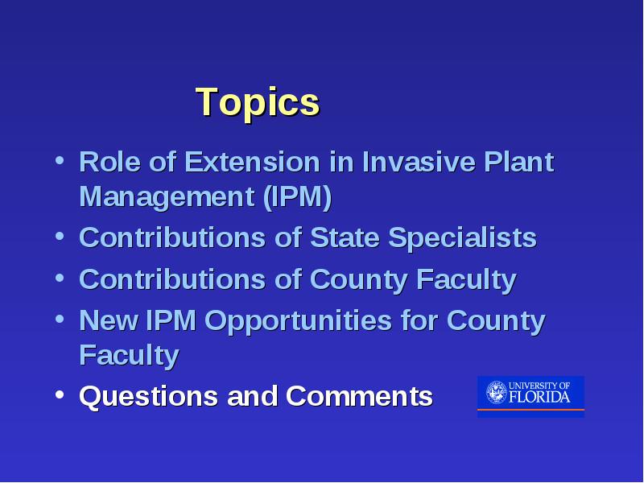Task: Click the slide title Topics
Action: (258, 103)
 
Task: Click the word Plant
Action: (519, 162)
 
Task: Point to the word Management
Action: (167, 197)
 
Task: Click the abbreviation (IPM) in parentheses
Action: (297, 197)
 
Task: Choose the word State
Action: (345, 237)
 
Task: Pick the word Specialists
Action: (462, 238)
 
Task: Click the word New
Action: (108, 320)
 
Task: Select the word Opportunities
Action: (298, 321)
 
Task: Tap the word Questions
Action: (148, 396)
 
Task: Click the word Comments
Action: (359, 396)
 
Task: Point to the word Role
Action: (109, 162)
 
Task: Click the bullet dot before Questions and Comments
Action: (60, 394)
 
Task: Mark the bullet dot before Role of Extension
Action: (60, 160)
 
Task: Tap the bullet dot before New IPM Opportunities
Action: (60, 319)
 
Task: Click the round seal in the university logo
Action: (497, 392)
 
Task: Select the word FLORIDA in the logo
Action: (539, 397)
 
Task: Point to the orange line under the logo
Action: (530, 410)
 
